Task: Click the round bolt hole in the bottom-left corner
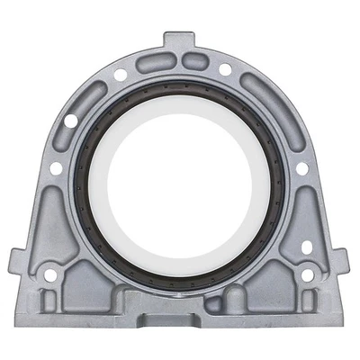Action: [51, 275]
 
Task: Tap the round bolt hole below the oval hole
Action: [309, 275]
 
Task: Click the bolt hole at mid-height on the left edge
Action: [56, 167]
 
